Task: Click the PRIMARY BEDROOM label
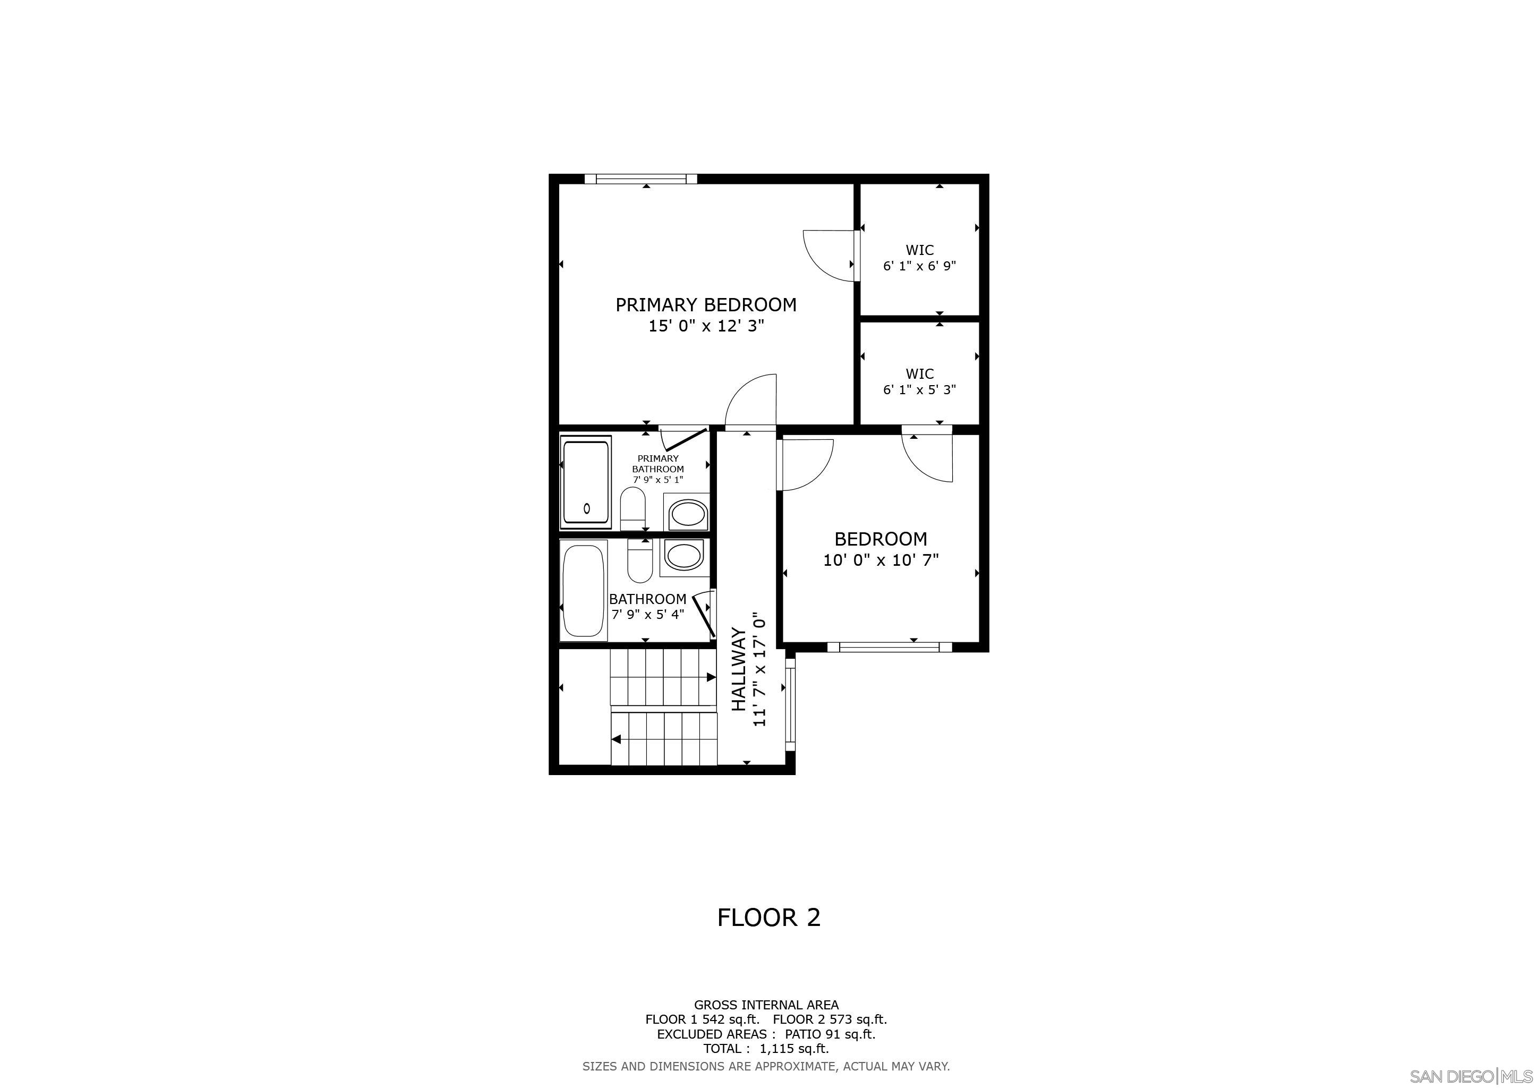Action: (706, 305)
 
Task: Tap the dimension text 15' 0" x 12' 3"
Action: (706, 326)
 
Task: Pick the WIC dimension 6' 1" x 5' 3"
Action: (919, 389)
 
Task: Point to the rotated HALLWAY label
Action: (738, 669)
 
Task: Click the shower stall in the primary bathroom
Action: (586, 482)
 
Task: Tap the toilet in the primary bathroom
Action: (633, 508)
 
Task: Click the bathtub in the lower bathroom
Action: (584, 591)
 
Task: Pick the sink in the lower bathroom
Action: (683, 557)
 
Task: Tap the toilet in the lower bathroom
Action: (640, 561)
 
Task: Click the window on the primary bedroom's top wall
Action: (640, 179)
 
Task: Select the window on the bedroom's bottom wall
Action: (889, 647)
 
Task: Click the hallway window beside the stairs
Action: (790, 704)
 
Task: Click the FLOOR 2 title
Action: (768, 917)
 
